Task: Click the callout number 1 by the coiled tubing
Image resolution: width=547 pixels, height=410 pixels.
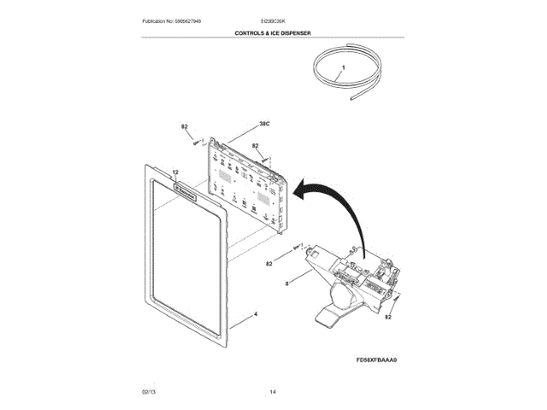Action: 343,66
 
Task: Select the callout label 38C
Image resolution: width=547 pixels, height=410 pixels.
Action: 264,124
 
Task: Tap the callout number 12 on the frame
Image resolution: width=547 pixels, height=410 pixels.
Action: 175,172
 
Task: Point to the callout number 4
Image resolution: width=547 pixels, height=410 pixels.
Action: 255,314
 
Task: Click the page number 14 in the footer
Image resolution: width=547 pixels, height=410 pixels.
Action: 273,391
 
